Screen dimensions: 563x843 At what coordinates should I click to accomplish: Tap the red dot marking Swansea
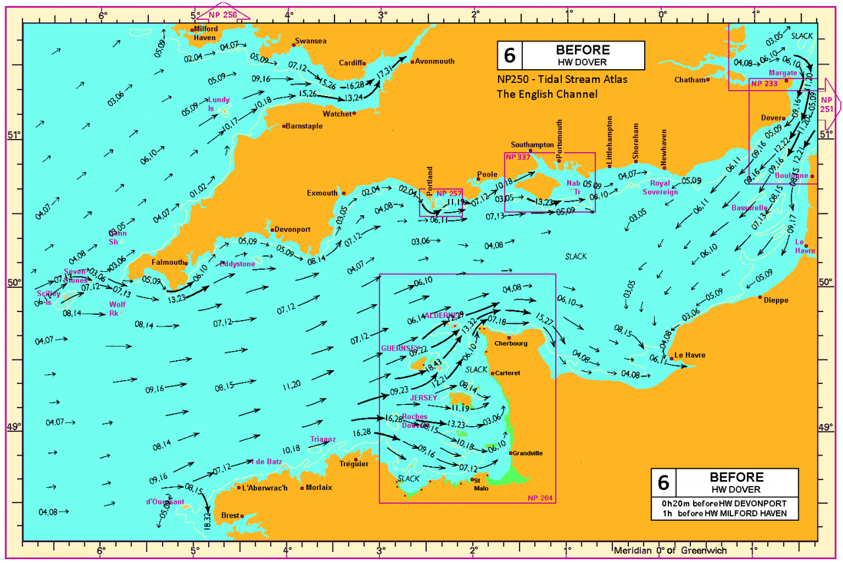[294, 45]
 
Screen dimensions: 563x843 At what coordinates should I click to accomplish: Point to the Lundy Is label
[219, 104]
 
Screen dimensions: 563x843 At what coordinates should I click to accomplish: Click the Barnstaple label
[306, 126]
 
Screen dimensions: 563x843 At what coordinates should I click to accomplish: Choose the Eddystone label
[237, 263]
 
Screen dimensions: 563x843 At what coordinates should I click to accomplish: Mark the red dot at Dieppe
[760, 298]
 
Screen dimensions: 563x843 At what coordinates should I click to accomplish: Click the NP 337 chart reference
[517, 157]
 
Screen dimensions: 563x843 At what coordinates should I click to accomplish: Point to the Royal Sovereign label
[664, 187]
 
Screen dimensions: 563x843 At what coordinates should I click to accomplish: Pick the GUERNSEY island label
[400, 348]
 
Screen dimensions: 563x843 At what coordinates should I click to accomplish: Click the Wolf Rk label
[117, 308]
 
